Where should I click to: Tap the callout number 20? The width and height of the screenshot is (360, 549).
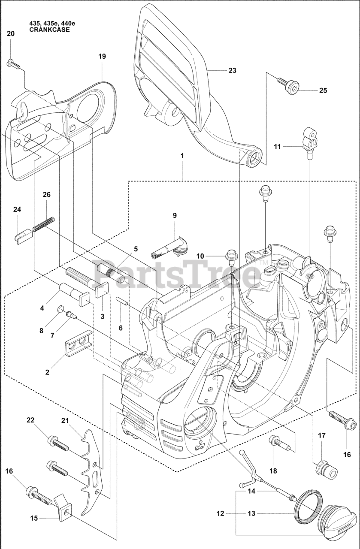(x=11, y=33)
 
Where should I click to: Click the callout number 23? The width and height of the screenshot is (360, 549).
(x=232, y=70)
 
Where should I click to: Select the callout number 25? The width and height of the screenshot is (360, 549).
(x=323, y=90)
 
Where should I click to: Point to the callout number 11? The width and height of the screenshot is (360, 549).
(x=277, y=147)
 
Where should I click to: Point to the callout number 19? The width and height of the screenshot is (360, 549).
(x=102, y=56)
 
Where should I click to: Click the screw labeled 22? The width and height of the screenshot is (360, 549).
(x=57, y=443)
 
